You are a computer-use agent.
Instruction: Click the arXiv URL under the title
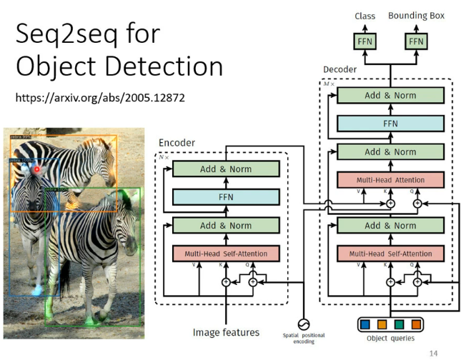pyautogui.click(x=101, y=97)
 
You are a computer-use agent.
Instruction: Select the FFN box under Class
pyautogui.click(x=365, y=41)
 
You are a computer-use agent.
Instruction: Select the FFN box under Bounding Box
pyautogui.click(x=416, y=41)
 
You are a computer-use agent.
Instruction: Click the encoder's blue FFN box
pyautogui.click(x=226, y=196)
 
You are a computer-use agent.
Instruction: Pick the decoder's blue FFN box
pyautogui.click(x=390, y=123)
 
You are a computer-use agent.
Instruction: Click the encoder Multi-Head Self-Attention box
pyautogui.click(x=226, y=254)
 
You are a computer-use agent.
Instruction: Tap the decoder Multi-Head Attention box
pyautogui.click(x=390, y=180)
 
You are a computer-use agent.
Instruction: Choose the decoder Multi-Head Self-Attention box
pyautogui.click(x=390, y=254)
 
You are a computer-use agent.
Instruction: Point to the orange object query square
pyautogui.click(x=381, y=324)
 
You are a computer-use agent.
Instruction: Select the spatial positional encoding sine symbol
pyautogui.click(x=303, y=323)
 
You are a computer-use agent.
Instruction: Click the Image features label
pyautogui.click(x=226, y=332)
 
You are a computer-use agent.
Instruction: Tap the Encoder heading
pyautogui.click(x=177, y=143)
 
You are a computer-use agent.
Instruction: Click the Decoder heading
pyautogui.click(x=339, y=70)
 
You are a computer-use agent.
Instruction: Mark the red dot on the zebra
pyautogui.click(x=37, y=169)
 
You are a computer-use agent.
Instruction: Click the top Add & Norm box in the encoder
pyautogui.click(x=226, y=169)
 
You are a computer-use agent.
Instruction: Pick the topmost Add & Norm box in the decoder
pyautogui.click(x=390, y=95)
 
